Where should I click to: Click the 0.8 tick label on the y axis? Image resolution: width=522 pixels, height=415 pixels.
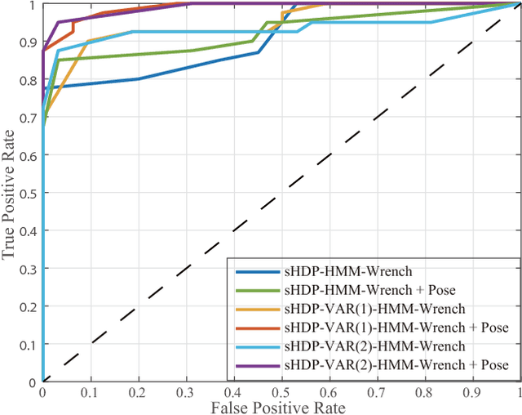(x=29, y=79)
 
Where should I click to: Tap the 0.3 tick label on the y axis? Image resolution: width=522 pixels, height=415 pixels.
(x=29, y=268)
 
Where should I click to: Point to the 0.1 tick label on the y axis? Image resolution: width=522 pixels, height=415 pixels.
(x=29, y=344)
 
